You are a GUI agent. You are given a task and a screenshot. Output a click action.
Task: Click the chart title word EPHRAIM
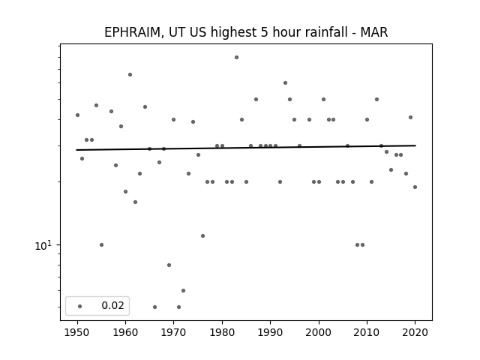pyautogui.click(x=132, y=32)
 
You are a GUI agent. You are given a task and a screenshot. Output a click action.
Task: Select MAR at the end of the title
pyautogui.click(x=374, y=32)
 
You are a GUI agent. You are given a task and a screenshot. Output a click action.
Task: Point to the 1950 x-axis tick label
pyautogui.click(x=77, y=332)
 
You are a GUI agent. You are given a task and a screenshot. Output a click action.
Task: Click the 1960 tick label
pyautogui.click(x=125, y=332)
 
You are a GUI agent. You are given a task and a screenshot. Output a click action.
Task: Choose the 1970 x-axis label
pyautogui.click(x=173, y=332)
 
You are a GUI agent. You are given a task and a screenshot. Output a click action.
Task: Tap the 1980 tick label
pyautogui.click(x=222, y=332)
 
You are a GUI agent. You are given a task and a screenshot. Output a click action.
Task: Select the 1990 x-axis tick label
pyautogui.click(x=270, y=332)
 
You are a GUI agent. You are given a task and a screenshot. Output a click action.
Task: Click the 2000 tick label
pyautogui.click(x=319, y=332)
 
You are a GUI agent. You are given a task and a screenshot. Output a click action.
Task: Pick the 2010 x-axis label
pyautogui.click(x=367, y=332)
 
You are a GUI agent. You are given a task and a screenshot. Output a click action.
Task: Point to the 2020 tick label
pyautogui.click(x=415, y=332)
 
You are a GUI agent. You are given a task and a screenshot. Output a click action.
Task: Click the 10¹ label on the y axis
pyautogui.click(x=43, y=245)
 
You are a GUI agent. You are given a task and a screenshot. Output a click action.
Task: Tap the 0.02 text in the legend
pyautogui.click(x=113, y=305)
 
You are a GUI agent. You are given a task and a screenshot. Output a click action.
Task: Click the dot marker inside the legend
pyautogui.click(x=80, y=306)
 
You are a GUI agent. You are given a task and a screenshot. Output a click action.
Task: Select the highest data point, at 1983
pyautogui.click(x=237, y=57)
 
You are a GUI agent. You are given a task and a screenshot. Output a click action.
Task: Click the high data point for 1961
pyautogui.click(x=130, y=75)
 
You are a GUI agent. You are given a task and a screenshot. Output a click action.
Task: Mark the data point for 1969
pyautogui.click(x=169, y=265)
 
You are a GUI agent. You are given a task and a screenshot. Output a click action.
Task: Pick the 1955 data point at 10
pyautogui.click(x=102, y=245)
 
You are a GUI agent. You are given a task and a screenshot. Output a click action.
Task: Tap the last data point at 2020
pyautogui.click(x=415, y=187)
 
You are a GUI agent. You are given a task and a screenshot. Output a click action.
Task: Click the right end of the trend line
pyautogui.click(x=415, y=145)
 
